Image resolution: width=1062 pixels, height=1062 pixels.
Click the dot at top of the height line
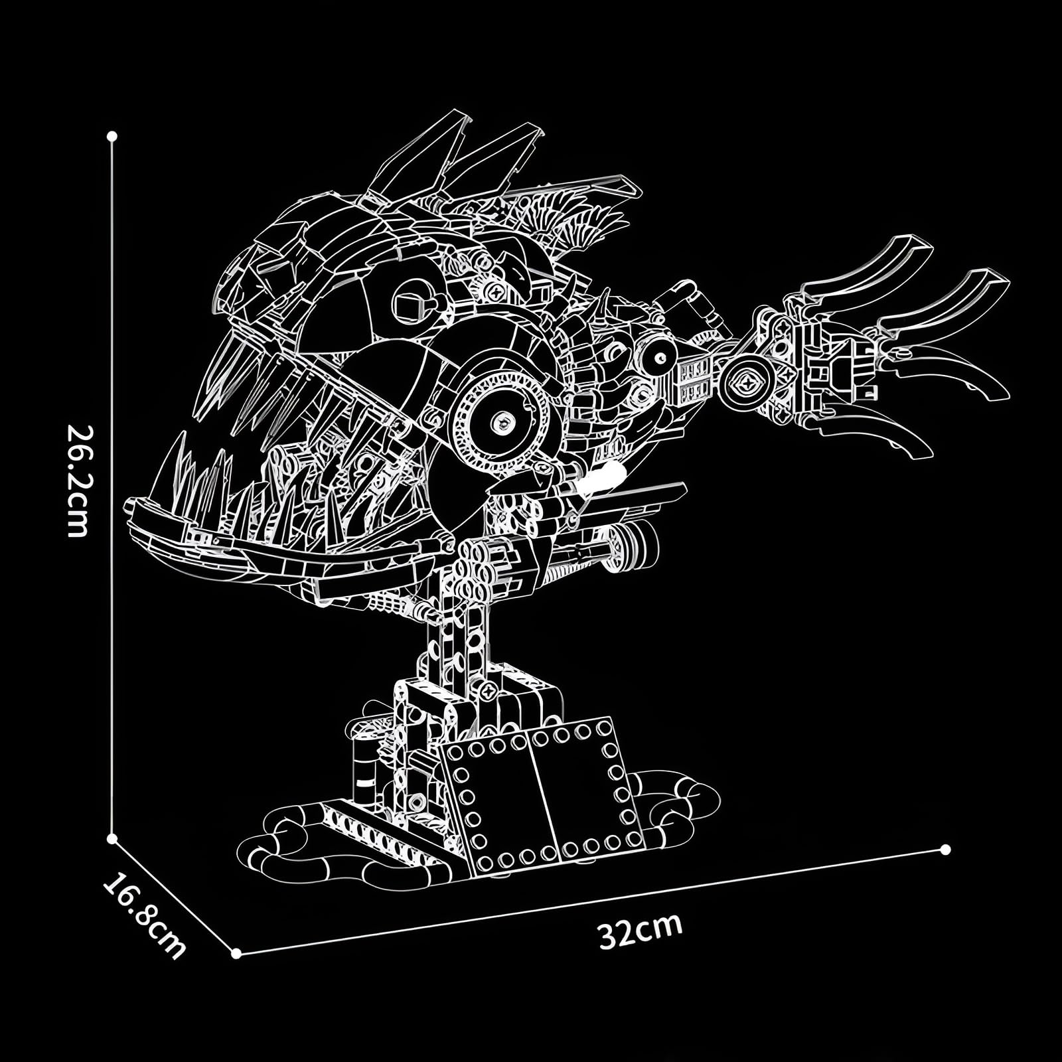click(x=112, y=136)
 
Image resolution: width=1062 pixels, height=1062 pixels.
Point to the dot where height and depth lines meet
click(x=112, y=839)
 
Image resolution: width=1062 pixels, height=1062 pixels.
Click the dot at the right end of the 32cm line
click(x=946, y=850)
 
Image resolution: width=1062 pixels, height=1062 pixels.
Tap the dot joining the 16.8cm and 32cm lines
click(x=236, y=954)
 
